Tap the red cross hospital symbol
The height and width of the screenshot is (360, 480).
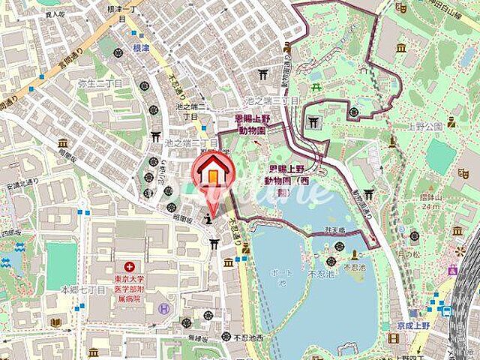coord(130,266)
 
